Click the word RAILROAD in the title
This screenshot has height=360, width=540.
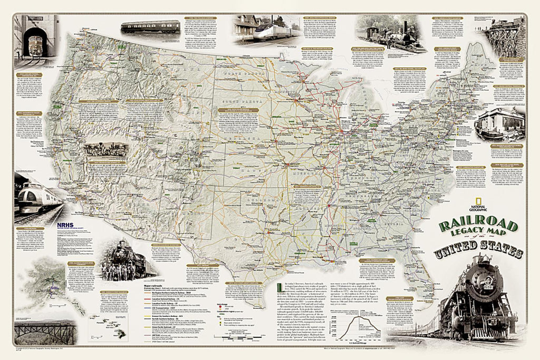pos(471,227)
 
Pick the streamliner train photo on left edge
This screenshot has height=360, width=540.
pos(37,198)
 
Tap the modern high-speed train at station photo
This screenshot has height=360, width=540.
pos(265,30)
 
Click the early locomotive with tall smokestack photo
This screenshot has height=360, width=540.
pos(391,34)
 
